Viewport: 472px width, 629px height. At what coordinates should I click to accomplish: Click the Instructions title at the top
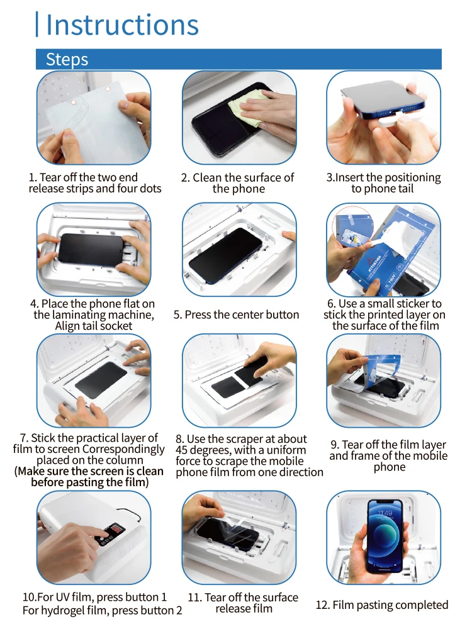pos(122,25)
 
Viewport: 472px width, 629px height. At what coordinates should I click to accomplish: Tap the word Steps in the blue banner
pos(67,59)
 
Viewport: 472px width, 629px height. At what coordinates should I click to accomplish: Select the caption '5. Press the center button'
pos(237,315)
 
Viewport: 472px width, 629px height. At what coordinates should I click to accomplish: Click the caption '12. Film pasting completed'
pos(382,605)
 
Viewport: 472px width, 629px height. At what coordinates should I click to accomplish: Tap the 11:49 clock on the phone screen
pos(385,513)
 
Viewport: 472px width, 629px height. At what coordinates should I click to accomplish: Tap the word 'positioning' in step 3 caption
pos(413,178)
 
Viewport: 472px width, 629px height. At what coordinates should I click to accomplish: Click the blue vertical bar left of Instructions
pos(37,25)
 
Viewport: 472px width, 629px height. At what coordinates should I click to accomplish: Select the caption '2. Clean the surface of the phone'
pos(238,183)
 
